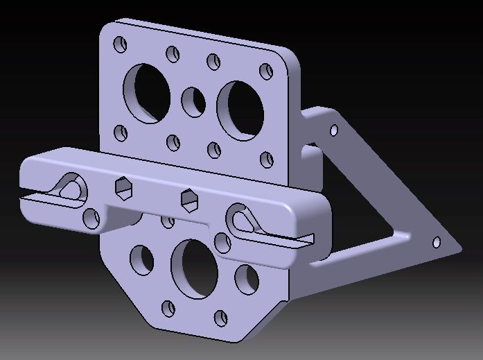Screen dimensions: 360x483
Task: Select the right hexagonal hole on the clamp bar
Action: [x=188, y=199]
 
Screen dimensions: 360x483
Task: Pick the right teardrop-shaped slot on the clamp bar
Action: [x=243, y=219]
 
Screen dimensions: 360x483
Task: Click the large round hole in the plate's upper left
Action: [x=146, y=93]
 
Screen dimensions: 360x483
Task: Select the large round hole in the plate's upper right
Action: [x=240, y=108]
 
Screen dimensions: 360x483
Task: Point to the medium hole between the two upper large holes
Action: [x=193, y=102]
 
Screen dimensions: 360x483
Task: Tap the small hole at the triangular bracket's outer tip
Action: [x=437, y=242]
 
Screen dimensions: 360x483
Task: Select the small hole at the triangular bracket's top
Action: [x=334, y=130]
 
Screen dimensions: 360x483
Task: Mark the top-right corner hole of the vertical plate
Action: [x=266, y=71]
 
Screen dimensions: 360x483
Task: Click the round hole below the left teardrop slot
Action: [x=91, y=218]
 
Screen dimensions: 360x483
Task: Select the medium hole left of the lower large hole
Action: [x=142, y=259]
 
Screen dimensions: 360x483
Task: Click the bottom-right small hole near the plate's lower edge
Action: [x=221, y=318]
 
